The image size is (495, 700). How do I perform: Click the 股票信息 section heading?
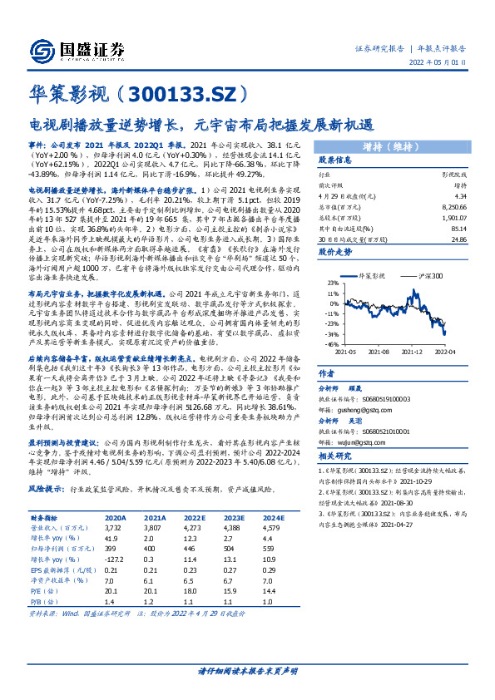pyautogui.click(x=338, y=160)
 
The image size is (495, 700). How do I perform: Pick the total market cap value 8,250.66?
pyautogui.click(x=450, y=205)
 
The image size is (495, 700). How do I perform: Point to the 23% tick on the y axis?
pyautogui.click(x=333, y=283)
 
